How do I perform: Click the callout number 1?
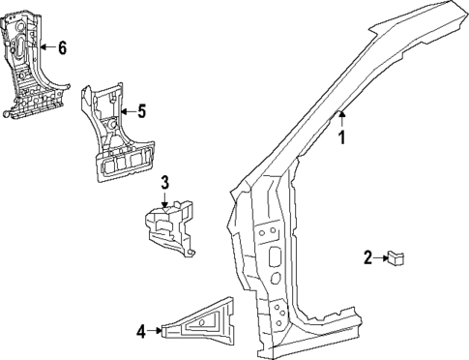pyautogui.click(x=339, y=137)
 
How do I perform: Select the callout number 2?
pyautogui.click(x=367, y=257)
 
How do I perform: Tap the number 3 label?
pyautogui.click(x=165, y=182)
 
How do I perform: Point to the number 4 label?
pyautogui.click(x=141, y=331)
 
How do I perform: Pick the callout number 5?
pyautogui.click(x=141, y=110)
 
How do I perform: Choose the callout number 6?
pyautogui.click(x=62, y=47)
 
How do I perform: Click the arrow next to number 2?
pyautogui.click(x=379, y=257)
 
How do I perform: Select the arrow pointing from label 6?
pyautogui.click(x=46, y=47)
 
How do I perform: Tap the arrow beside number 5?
pyautogui.click(x=127, y=110)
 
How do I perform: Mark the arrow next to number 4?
pyautogui.click(x=155, y=331)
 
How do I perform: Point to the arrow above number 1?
pyautogui.click(x=340, y=119)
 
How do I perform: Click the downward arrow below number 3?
pyautogui.click(x=165, y=198)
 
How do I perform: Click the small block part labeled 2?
pyautogui.click(x=396, y=256)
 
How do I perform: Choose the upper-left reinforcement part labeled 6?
pyautogui.click(x=29, y=63)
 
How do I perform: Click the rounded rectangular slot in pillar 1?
pyautogui.click(x=274, y=258)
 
